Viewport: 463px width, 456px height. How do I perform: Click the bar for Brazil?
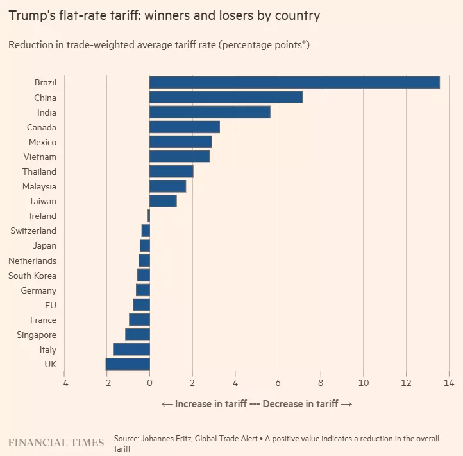pos(294,82)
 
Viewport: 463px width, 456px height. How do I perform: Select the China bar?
pos(226,98)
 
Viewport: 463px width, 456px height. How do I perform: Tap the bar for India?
pos(210,112)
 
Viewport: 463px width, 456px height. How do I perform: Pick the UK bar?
pos(128,364)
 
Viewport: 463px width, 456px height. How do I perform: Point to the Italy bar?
pos(131,349)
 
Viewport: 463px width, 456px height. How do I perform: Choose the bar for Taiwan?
pos(163,201)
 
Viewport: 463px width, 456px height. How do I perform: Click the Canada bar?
pos(185,127)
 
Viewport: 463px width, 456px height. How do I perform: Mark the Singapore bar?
pos(137,335)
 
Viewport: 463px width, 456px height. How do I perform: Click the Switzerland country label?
pos(33,231)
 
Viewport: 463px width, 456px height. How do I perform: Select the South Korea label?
pos(32,276)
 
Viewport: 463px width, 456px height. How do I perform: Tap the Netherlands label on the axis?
pos(32,261)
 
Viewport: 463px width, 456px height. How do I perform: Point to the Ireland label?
pos(43,216)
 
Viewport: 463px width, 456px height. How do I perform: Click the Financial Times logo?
pos(56,443)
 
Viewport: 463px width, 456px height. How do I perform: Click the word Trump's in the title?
pos(32,15)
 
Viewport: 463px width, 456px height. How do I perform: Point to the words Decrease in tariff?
pos(303,404)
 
